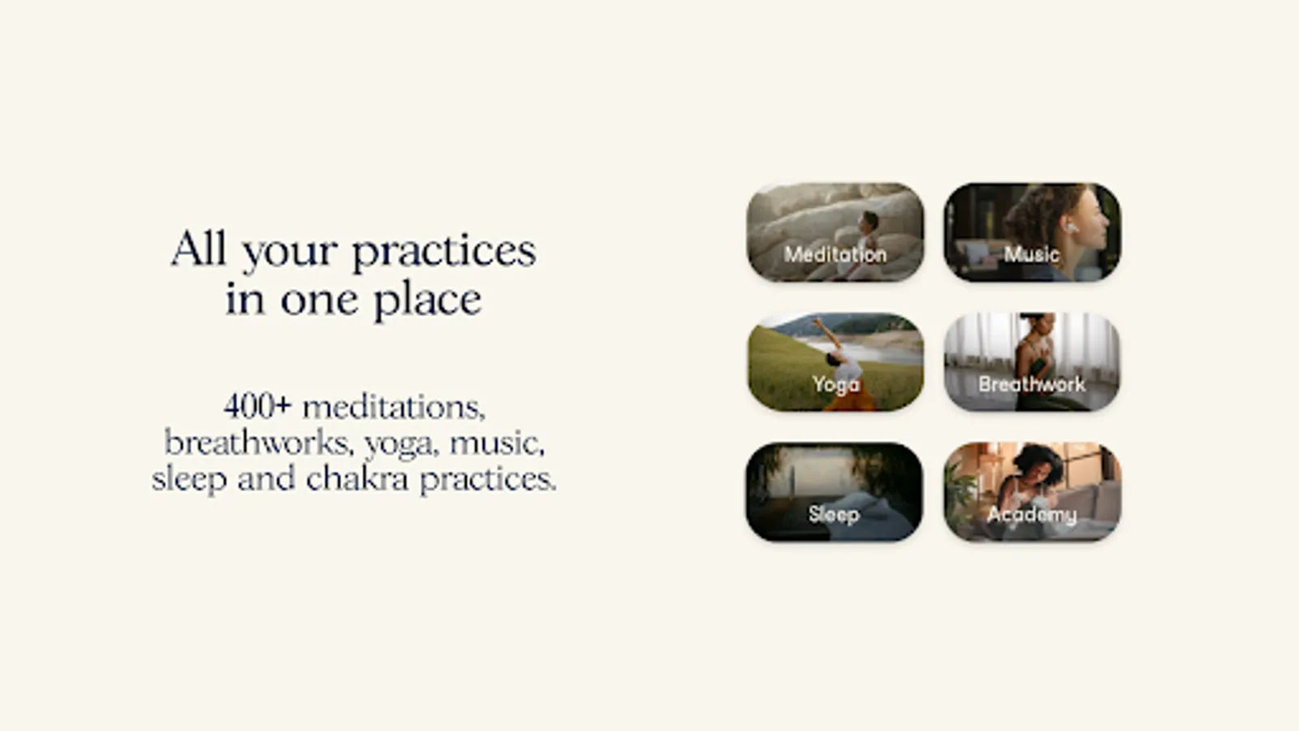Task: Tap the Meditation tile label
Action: click(835, 254)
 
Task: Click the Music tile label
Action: click(1032, 254)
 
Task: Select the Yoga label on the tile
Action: click(835, 385)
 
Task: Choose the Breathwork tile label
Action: click(1032, 384)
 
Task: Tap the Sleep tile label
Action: click(834, 515)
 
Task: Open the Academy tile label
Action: click(1032, 515)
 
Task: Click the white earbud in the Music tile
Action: click(1071, 227)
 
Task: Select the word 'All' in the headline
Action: click(198, 248)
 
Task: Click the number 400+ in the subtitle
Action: click(257, 405)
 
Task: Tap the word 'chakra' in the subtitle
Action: click(357, 478)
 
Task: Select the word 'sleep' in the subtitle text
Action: click(189, 480)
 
